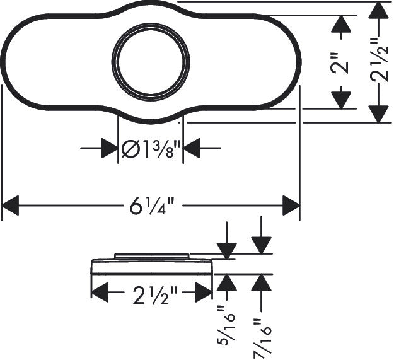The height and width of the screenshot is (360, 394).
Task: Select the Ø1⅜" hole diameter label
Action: coord(151,149)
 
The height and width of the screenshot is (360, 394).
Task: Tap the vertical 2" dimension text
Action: coord(341,61)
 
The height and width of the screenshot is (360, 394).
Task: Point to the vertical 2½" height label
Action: coord(378,61)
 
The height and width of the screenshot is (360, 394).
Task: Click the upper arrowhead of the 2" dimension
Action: coord(341,23)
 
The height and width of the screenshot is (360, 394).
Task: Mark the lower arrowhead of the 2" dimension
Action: coord(341,100)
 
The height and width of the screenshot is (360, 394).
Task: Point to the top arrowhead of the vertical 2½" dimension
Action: coord(378,10)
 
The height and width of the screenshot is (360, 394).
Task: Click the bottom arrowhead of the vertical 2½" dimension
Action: coord(378,113)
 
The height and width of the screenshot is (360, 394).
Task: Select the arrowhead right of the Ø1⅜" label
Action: coord(192,149)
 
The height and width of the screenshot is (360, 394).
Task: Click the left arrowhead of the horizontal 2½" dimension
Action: coord(100,293)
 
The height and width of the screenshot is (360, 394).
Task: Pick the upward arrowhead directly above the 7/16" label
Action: coord(261,283)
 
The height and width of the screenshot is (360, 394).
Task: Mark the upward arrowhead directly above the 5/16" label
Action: coord(225,283)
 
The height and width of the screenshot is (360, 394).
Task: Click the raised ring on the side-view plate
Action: coord(151,255)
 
